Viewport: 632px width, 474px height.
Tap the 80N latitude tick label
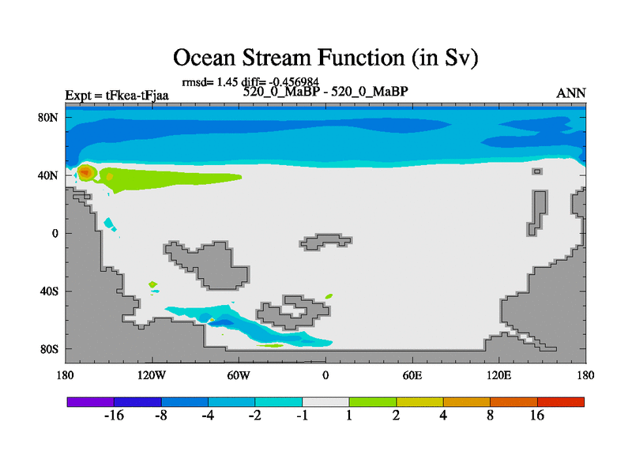(x=48, y=118)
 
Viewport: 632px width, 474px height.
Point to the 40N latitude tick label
(x=48, y=175)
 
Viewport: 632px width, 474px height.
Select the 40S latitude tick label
(x=49, y=291)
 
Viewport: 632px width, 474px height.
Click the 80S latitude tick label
(x=49, y=349)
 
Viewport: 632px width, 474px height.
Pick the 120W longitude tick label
(x=152, y=376)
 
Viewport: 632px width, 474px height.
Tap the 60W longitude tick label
(x=239, y=376)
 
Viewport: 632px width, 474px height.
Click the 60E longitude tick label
(x=412, y=376)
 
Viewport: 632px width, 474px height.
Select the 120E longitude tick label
(x=498, y=376)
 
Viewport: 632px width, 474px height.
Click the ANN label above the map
(x=570, y=93)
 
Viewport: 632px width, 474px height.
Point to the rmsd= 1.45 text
(x=210, y=82)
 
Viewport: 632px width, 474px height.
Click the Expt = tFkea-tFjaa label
(x=117, y=96)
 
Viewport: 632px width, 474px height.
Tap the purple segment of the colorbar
(x=91, y=402)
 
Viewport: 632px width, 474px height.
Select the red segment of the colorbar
(x=561, y=402)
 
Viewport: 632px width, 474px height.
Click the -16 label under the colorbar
(x=114, y=416)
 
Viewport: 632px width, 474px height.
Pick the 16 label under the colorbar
(x=537, y=416)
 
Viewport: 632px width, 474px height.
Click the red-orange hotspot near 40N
(x=85, y=173)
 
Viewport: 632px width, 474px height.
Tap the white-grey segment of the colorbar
(x=325, y=402)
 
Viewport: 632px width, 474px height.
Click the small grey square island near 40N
(x=537, y=171)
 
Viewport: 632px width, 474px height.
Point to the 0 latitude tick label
(x=55, y=233)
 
